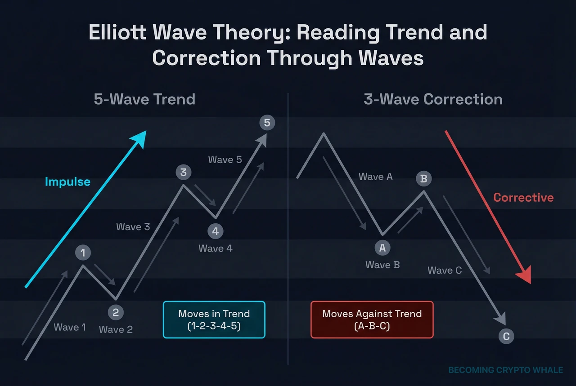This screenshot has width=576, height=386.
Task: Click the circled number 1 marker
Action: click(x=83, y=253)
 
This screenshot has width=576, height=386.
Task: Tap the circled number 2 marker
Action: click(x=116, y=313)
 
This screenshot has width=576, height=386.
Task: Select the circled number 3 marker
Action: click(x=183, y=172)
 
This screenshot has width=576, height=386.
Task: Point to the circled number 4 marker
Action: click(x=216, y=231)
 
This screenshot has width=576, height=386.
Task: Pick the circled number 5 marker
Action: click(x=267, y=123)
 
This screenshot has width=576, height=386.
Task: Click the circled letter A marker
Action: click(x=382, y=248)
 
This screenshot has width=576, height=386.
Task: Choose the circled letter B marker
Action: click(x=423, y=178)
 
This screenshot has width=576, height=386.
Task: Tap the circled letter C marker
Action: click(x=506, y=336)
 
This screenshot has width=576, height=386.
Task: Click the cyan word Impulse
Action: click(x=67, y=182)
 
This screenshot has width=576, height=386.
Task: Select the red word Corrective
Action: click(x=523, y=198)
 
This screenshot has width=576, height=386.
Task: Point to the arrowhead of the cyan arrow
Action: click(x=140, y=137)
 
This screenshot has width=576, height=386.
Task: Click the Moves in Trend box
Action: click(x=214, y=319)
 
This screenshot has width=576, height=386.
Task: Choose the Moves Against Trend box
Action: click(x=372, y=319)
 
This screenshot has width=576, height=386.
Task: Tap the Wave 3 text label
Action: click(x=133, y=227)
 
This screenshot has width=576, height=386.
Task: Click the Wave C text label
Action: click(x=445, y=270)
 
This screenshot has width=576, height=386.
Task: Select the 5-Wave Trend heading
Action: click(x=144, y=99)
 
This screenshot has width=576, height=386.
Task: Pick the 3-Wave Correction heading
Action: click(x=433, y=99)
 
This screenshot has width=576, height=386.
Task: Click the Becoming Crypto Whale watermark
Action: click(x=505, y=370)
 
